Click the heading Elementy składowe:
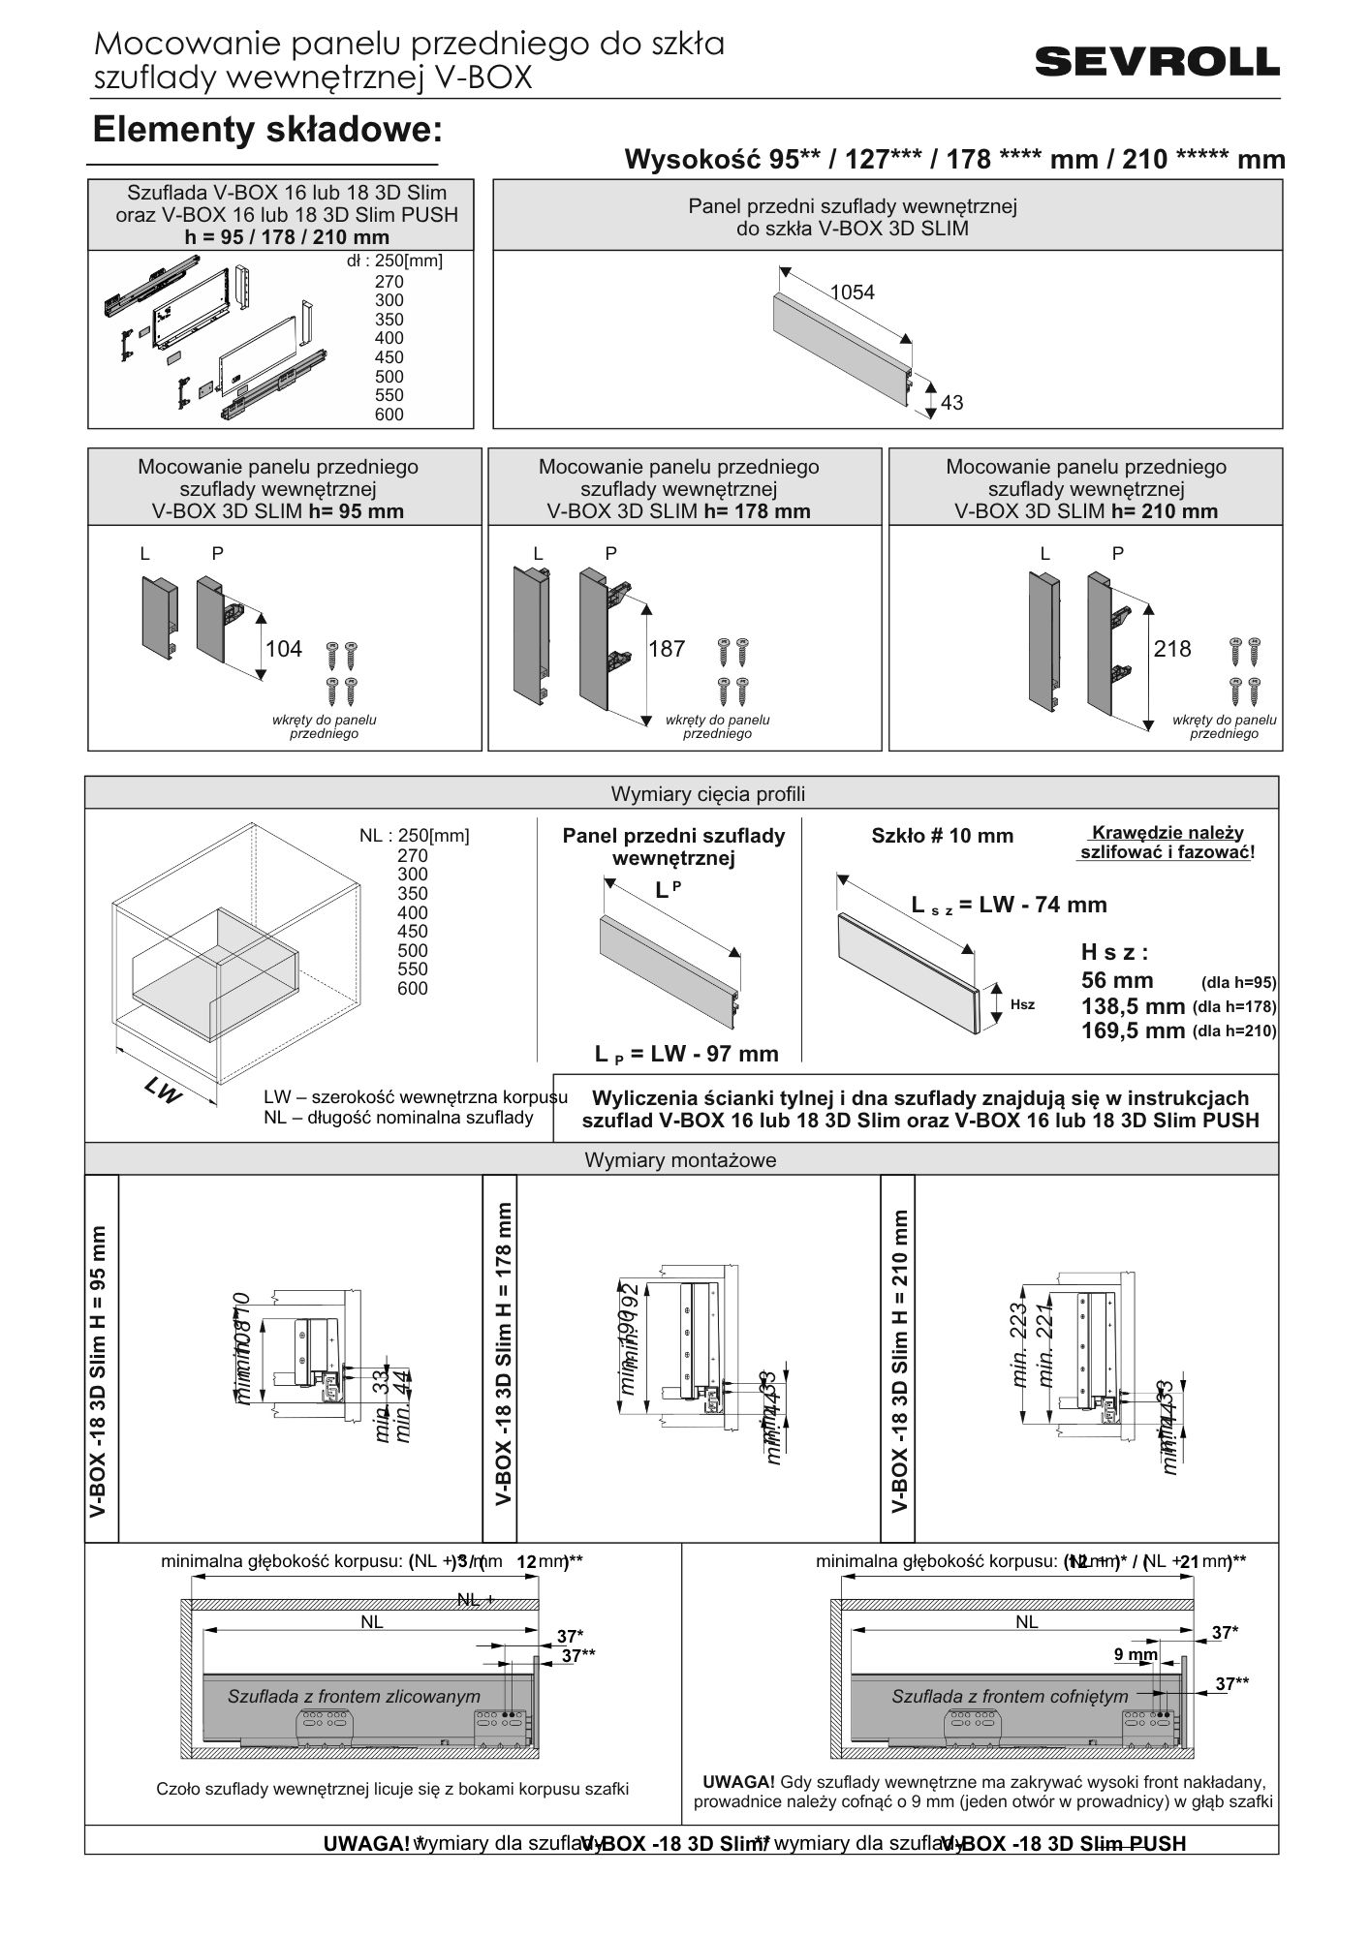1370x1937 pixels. coord(266,130)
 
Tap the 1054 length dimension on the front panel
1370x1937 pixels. coord(852,292)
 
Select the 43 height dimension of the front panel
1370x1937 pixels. coord(951,402)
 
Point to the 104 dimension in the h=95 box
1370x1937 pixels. coord(284,649)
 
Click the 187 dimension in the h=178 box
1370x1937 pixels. coord(667,649)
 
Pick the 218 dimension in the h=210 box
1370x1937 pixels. coord(1171,649)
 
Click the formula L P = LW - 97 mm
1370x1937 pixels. coord(686,1054)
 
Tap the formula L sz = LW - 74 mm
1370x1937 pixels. coord(1009,905)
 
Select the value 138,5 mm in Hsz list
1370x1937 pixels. coord(1133,1005)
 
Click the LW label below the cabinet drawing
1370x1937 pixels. coord(163,1092)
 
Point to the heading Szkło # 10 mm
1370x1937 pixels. coord(942,836)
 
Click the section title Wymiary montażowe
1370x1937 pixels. coord(680,1159)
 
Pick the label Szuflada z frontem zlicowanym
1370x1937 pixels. coord(354,1696)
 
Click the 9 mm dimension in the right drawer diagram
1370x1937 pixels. coord(1135,1655)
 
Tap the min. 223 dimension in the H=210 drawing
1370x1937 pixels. coord(1019,1351)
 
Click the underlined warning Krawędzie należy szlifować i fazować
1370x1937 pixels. coord(1166,843)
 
